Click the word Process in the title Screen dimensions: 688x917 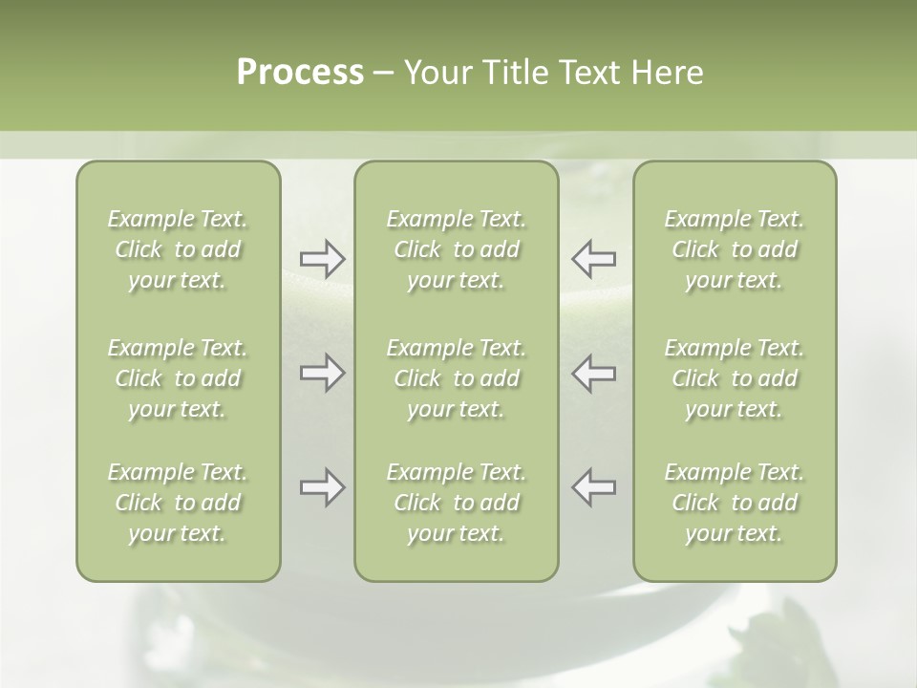click(x=300, y=73)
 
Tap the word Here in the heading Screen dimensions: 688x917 click(x=667, y=73)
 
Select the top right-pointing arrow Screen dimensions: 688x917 click(x=322, y=259)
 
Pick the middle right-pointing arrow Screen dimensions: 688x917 click(x=322, y=373)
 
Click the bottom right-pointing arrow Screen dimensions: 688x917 click(x=322, y=487)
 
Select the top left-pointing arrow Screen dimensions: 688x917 click(x=594, y=259)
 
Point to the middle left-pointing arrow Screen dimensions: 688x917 click(x=594, y=373)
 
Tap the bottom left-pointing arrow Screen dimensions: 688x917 click(x=594, y=487)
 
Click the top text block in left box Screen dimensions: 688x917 click(x=178, y=249)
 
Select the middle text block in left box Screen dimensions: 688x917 click(x=178, y=378)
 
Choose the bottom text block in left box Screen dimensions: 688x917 click(x=178, y=503)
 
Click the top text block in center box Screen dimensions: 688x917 click(x=457, y=249)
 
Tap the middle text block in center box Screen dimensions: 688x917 click(x=457, y=378)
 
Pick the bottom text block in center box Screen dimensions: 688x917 click(x=457, y=503)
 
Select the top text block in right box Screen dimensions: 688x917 click(x=735, y=249)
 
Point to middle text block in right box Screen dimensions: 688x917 click(x=735, y=378)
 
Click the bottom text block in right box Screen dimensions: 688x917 click(x=735, y=503)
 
